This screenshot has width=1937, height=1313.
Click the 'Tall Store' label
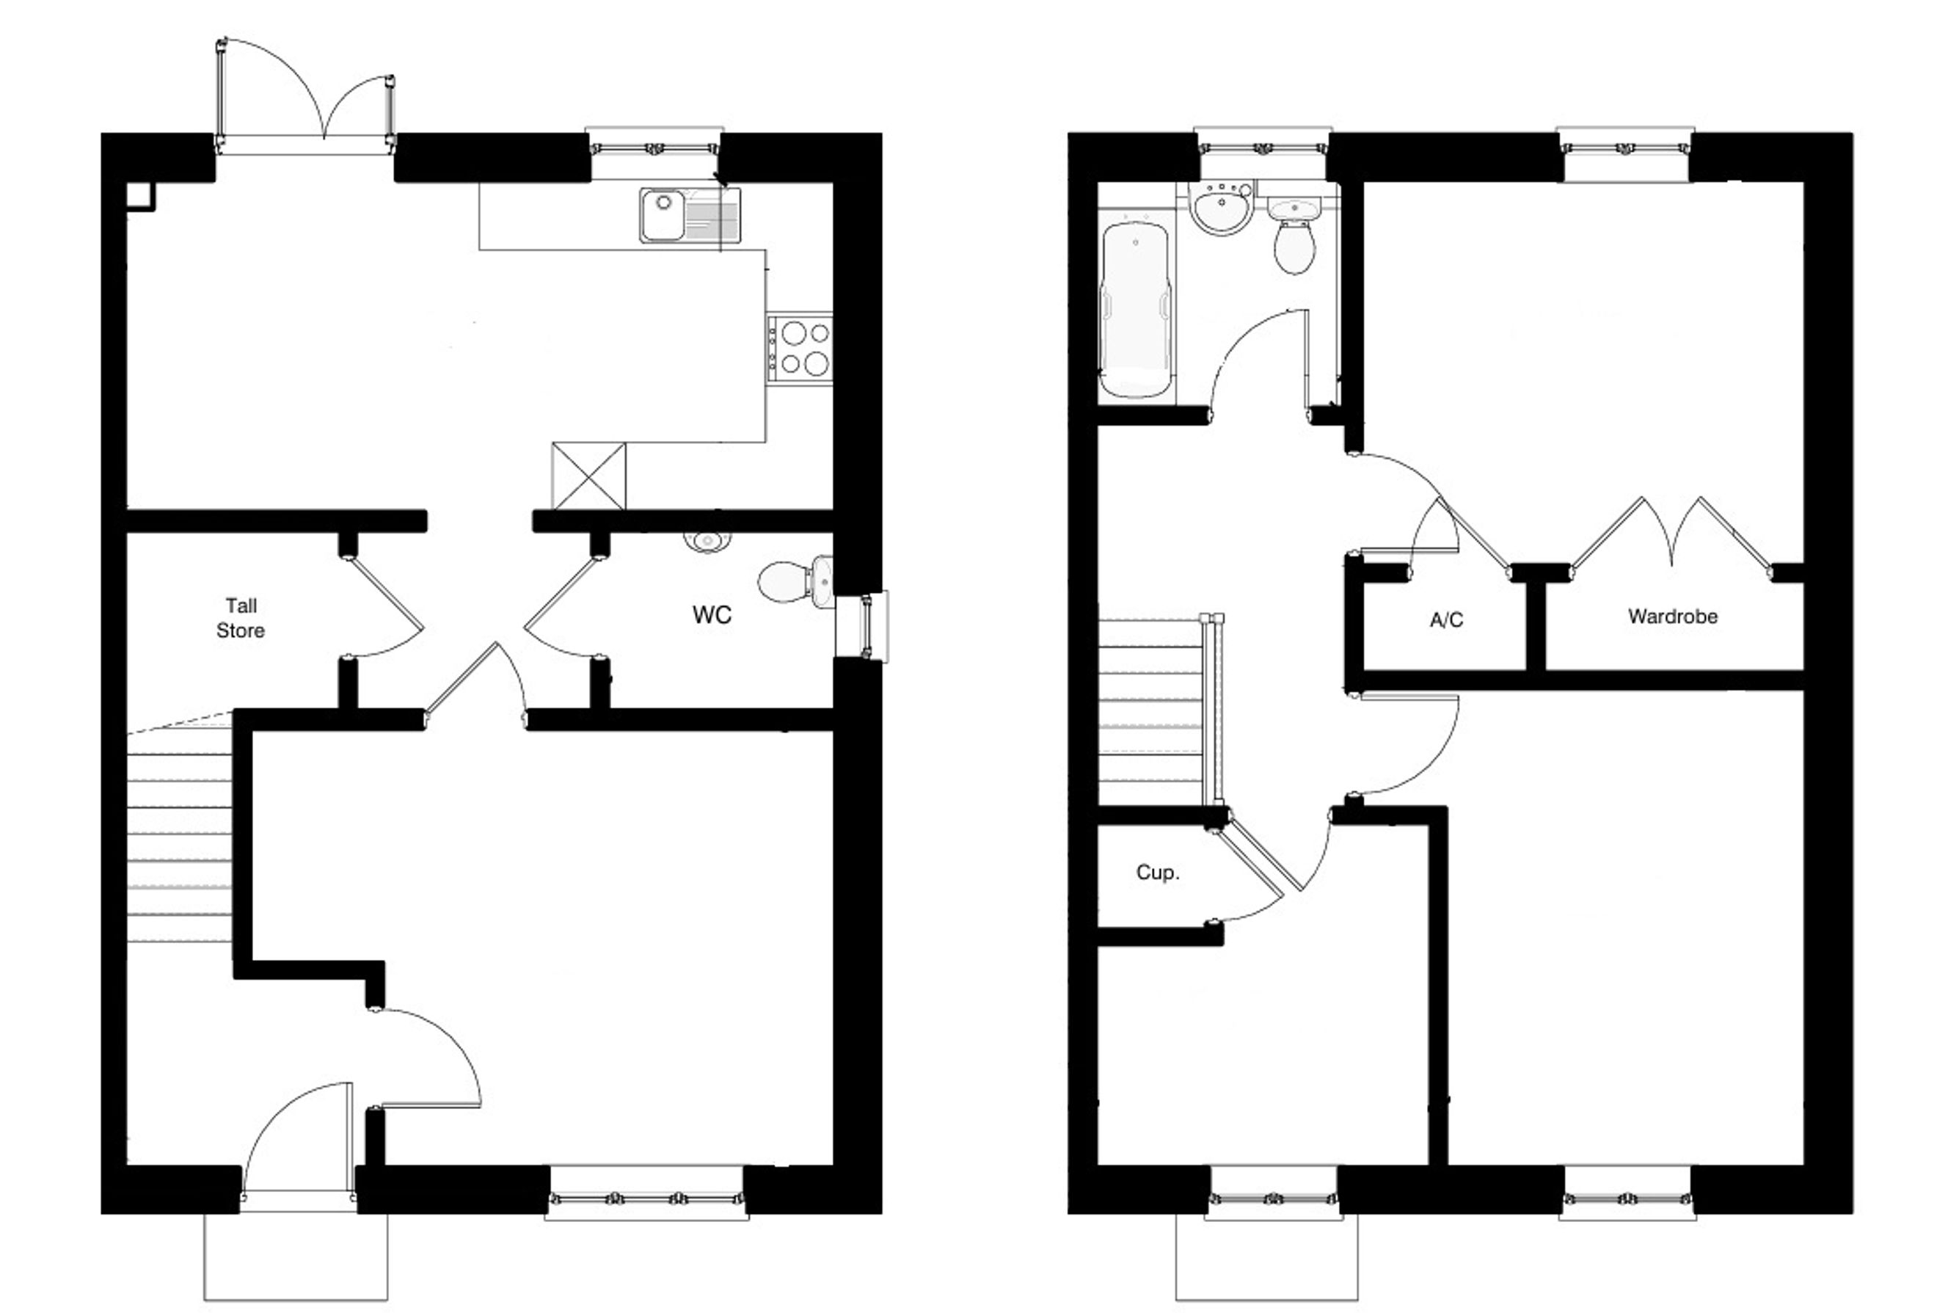241,618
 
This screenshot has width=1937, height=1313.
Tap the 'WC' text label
712,615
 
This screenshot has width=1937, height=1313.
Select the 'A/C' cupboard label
1446,620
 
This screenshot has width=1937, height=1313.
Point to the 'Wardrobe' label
1673,617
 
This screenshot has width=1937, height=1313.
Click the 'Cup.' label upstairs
1158,873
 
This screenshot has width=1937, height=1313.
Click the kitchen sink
690,215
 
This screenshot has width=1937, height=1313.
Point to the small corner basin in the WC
707,541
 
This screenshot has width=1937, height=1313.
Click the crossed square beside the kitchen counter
588,476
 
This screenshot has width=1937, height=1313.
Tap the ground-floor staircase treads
178,834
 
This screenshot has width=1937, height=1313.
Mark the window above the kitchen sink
654,148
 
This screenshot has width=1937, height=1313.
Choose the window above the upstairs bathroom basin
1263,148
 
